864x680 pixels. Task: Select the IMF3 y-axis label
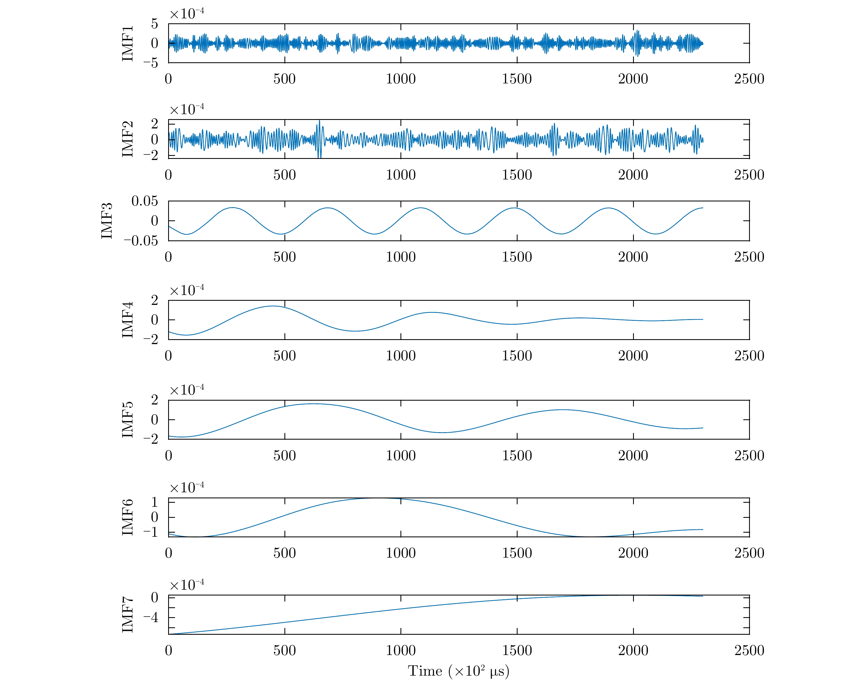pos(107,221)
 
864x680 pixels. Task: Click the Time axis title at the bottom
pos(458,671)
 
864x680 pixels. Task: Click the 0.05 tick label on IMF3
pos(145,201)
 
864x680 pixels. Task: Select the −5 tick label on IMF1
pos(151,63)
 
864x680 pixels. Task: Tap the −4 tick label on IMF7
pos(151,617)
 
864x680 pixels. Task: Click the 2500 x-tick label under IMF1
pos(749,79)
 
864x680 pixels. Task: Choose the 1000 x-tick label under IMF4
pos(400,356)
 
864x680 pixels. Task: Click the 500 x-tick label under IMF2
pos(284,175)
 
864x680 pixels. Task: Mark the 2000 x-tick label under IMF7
pos(633,650)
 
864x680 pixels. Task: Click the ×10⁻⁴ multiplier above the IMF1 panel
pos(187,14)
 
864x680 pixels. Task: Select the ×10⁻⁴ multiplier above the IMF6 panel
pos(187,488)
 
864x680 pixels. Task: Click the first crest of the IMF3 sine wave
pos(233,208)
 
